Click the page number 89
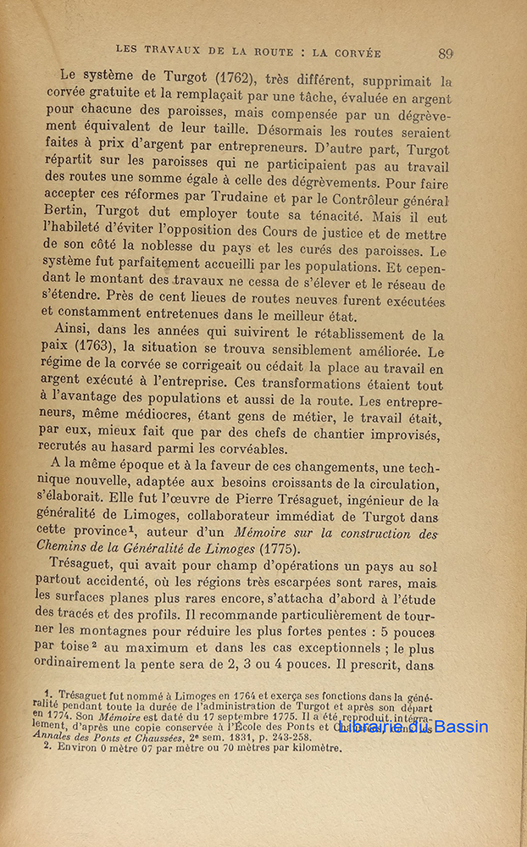pyautogui.click(x=446, y=53)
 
